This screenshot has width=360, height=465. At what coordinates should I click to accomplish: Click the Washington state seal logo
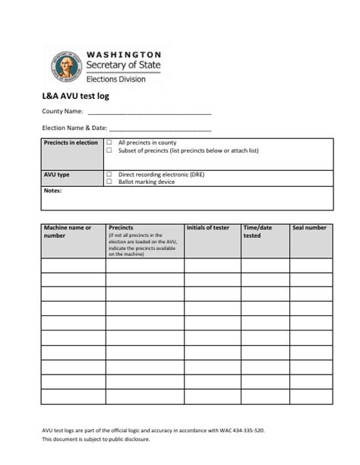pos(66,66)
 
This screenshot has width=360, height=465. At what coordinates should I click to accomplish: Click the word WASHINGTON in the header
pos(124,55)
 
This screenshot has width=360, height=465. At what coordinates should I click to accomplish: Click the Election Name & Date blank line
pos(160,128)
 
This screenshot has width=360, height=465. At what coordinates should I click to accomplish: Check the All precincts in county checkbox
pos(110,143)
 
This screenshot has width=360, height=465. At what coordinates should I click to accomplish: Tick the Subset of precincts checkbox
pos(110,150)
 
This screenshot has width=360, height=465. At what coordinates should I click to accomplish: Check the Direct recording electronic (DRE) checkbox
pos(110,174)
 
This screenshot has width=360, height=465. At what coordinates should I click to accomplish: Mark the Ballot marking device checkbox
pos(110,182)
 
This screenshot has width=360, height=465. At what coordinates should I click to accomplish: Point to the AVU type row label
pos(57,174)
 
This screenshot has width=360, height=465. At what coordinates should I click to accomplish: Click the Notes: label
pos(52,191)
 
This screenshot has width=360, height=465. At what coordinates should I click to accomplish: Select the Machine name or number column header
pos(68,232)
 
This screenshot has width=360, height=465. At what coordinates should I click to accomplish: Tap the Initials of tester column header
pos(207,228)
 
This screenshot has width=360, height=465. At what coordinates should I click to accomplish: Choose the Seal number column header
pos(309,228)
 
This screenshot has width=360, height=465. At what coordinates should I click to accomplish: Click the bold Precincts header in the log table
pos(122,227)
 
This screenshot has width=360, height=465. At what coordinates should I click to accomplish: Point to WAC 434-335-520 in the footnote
pos(242,429)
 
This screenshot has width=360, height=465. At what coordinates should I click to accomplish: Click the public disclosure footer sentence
pos(96,439)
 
